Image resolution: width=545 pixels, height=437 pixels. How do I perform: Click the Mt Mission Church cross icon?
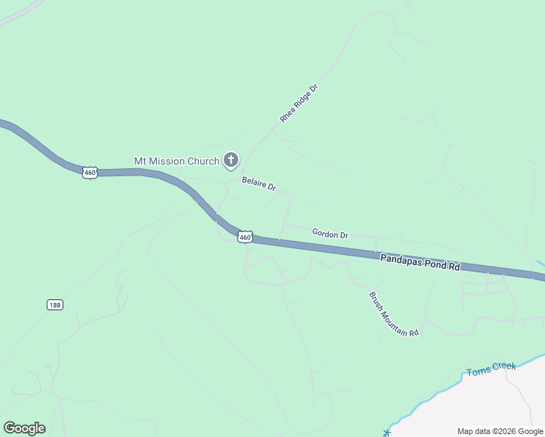click(231, 160)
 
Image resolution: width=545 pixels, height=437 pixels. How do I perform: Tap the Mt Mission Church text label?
click(176, 161)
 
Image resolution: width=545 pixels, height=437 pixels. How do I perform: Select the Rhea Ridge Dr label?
click(299, 103)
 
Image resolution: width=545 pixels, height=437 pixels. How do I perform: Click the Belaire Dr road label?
click(259, 186)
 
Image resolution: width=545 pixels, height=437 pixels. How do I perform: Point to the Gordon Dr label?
click(330, 234)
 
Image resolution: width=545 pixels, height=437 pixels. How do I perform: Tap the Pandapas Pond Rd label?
click(420, 262)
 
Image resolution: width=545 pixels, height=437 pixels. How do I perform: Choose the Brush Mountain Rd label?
click(394, 314)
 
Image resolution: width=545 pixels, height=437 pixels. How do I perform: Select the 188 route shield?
click(55, 304)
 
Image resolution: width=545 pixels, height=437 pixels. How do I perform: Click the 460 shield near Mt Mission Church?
click(90, 173)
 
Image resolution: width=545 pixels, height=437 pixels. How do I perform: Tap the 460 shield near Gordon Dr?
click(245, 237)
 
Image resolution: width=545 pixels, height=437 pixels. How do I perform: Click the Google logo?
click(24, 428)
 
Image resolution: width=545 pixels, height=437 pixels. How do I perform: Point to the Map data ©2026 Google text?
click(500, 431)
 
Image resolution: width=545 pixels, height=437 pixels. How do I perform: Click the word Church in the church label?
click(204, 161)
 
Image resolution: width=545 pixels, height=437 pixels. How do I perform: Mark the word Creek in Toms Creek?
click(503, 368)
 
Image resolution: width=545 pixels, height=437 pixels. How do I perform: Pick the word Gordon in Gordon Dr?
click(324, 233)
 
